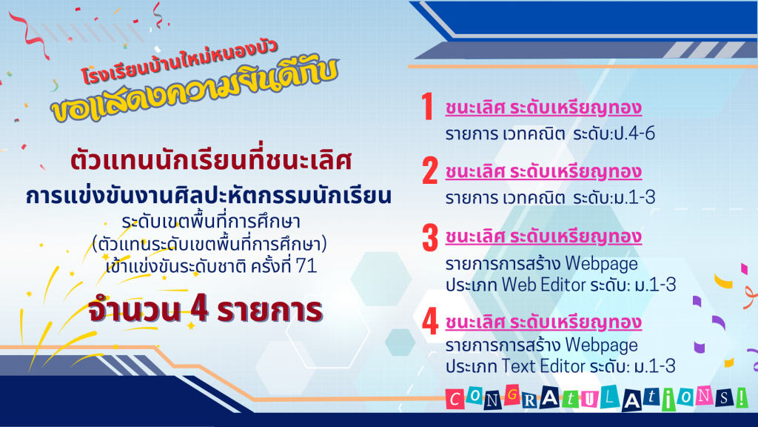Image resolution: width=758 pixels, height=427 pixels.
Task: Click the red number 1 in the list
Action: [427, 107]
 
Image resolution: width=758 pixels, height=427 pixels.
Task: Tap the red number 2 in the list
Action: [430, 171]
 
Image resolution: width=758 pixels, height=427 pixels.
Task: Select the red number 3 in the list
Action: [430, 238]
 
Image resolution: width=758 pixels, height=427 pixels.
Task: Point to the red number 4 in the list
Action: [430, 322]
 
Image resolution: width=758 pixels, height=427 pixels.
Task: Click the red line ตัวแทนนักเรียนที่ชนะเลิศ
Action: [211, 160]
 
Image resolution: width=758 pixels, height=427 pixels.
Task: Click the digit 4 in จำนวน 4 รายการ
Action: [199, 309]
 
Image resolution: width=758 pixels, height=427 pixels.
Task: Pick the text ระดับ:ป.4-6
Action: [614, 133]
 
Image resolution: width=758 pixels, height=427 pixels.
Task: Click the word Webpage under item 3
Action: [601, 265]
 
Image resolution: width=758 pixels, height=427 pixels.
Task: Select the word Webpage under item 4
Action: [601, 345]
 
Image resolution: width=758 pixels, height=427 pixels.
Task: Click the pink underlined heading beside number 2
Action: [543, 172]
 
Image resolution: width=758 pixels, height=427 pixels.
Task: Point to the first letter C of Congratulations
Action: [455, 400]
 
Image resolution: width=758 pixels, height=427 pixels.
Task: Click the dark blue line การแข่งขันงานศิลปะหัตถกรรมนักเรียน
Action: [208, 196]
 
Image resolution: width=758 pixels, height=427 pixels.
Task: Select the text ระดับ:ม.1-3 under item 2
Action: [614, 197]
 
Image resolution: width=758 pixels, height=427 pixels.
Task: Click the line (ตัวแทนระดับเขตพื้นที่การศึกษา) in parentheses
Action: [209, 243]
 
